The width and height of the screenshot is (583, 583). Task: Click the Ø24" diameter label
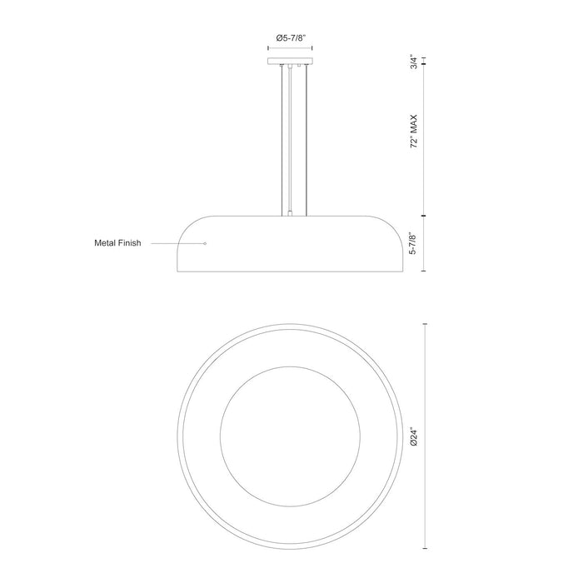coord(413,438)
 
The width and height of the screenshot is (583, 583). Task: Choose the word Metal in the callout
coord(106,244)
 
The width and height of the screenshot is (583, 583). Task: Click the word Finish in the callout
coord(130,244)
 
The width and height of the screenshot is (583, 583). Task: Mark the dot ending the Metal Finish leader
coord(205,244)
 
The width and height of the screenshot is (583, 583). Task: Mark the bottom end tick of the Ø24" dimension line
coord(426,552)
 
